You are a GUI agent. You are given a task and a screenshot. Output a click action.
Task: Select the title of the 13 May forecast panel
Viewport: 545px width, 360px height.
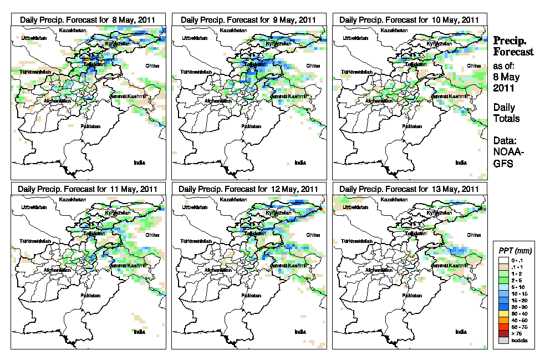tap(409, 189)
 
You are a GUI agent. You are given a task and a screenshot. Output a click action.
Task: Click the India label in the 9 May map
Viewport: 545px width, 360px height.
tap(300, 163)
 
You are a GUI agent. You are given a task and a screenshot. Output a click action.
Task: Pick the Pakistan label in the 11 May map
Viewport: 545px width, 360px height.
tap(90, 295)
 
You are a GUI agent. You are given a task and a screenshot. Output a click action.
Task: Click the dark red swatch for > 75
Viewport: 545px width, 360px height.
tap(504, 333)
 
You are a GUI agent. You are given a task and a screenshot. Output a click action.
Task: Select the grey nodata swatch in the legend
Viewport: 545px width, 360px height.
tap(504, 340)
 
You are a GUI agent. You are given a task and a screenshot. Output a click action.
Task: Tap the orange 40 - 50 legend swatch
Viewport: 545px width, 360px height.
tap(504, 321)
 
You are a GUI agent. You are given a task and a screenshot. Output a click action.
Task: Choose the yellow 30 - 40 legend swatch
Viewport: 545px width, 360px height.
tap(504, 314)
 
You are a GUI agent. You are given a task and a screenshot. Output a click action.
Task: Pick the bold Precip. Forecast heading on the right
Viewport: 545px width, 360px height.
tap(513, 46)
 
